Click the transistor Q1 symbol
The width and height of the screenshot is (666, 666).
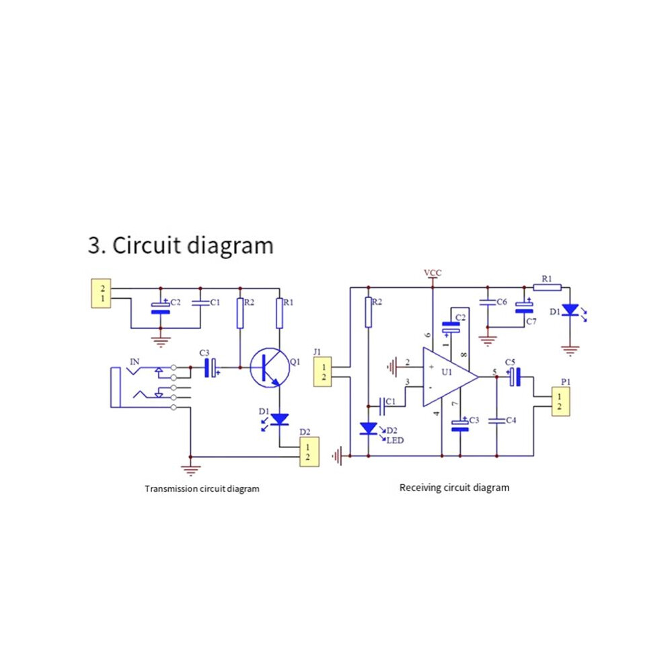pyautogui.click(x=270, y=368)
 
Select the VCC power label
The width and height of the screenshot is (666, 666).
pyautogui.click(x=433, y=272)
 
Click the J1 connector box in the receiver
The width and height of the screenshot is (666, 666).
pyautogui.click(x=322, y=371)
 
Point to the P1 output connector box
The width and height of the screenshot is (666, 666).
pyautogui.click(x=560, y=402)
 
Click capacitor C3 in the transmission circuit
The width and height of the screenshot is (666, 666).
pyautogui.click(x=211, y=367)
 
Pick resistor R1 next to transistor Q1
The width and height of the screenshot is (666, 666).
pyautogui.click(x=279, y=313)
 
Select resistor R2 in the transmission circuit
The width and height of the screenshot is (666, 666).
pyautogui.click(x=240, y=313)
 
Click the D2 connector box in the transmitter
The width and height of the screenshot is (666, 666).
pyautogui.click(x=309, y=452)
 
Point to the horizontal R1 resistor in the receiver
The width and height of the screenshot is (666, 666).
pyautogui.click(x=547, y=287)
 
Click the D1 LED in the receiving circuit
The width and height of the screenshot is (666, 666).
pyautogui.click(x=570, y=310)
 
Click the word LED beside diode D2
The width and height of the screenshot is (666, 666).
pyautogui.click(x=395, y=441)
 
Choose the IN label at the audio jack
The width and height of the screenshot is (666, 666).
pyautogui.click(x=135, y=362)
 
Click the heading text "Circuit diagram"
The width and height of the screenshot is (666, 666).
pyautogui.click(x=193, y=246)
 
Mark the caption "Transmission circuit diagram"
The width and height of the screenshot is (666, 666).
pyautogui.click(x=202, y=488)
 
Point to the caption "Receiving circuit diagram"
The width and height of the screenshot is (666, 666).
pyautogui.click(x=455, y=488)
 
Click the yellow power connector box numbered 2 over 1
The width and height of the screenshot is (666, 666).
pyautogui.click(x=101, y=293)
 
